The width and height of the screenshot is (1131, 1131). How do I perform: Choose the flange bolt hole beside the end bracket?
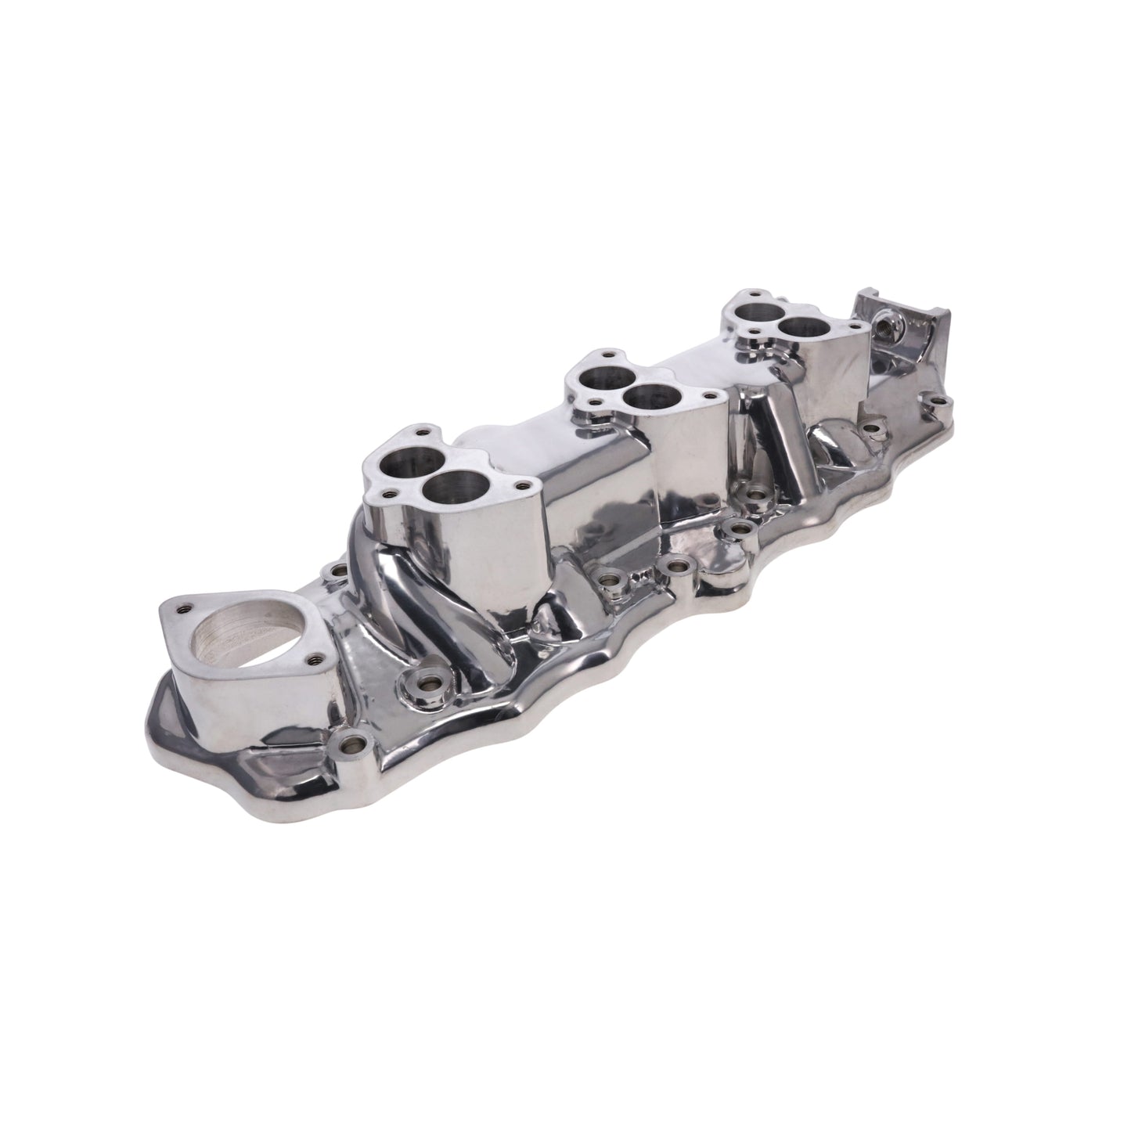tap(942, 405)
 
